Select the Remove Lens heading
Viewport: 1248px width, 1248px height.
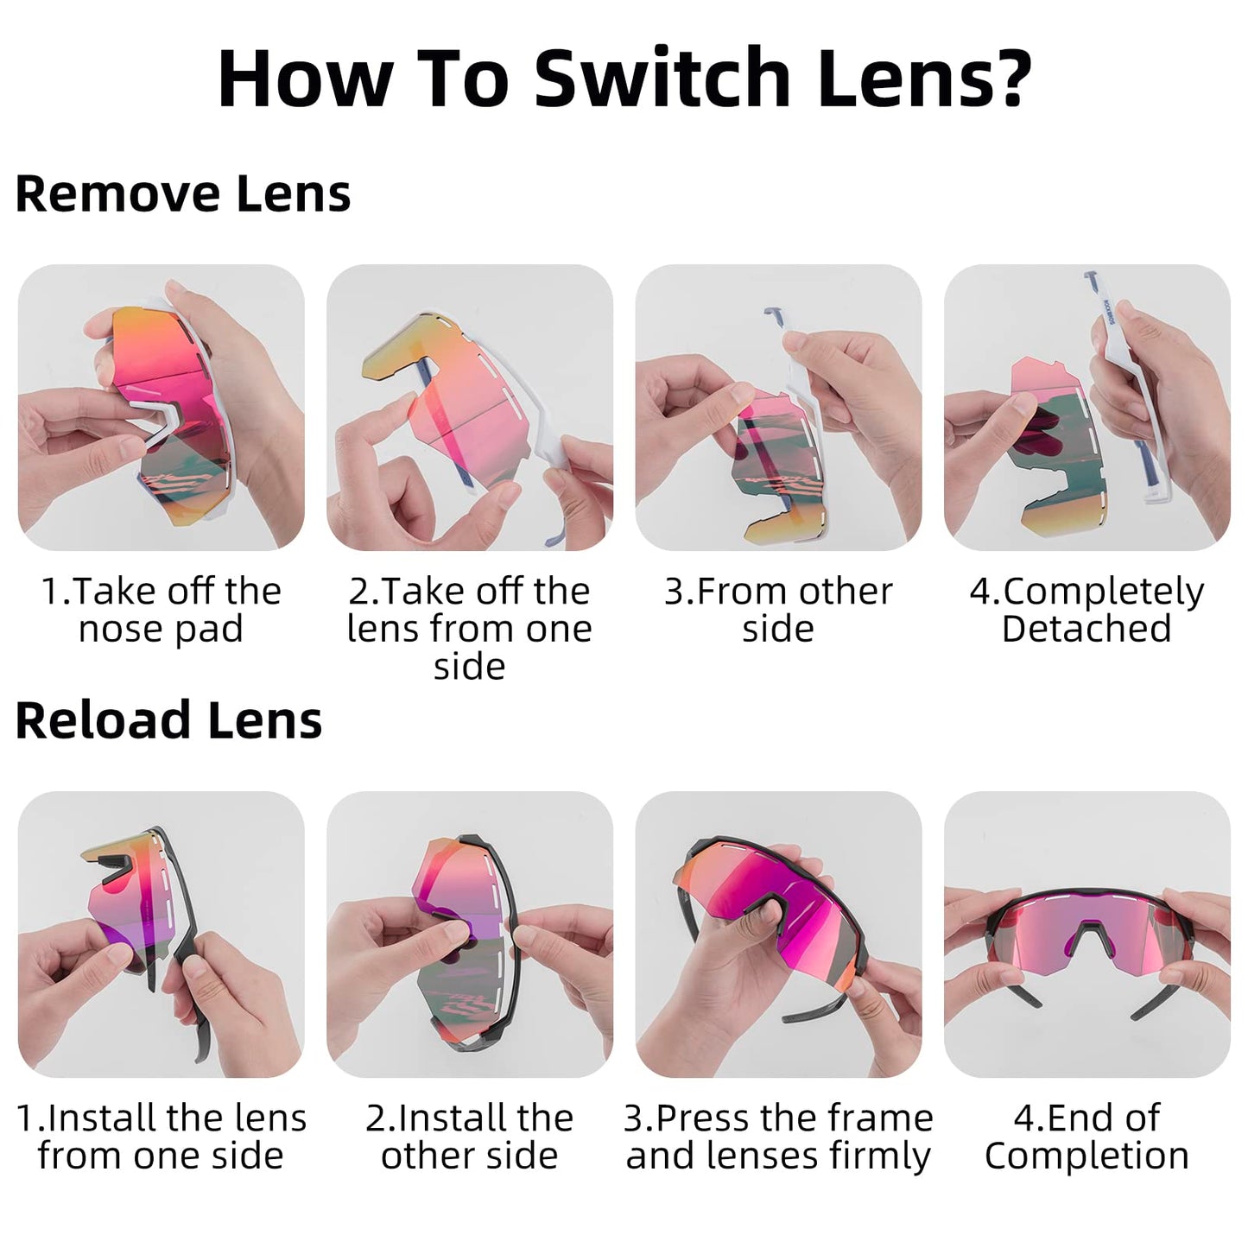[182, 193]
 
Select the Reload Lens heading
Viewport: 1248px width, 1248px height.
[168, 721]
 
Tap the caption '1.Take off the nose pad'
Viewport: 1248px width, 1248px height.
[162, 610]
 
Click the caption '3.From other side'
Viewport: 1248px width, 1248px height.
[778, 610]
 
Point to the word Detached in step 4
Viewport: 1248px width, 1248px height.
[1086, 628]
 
